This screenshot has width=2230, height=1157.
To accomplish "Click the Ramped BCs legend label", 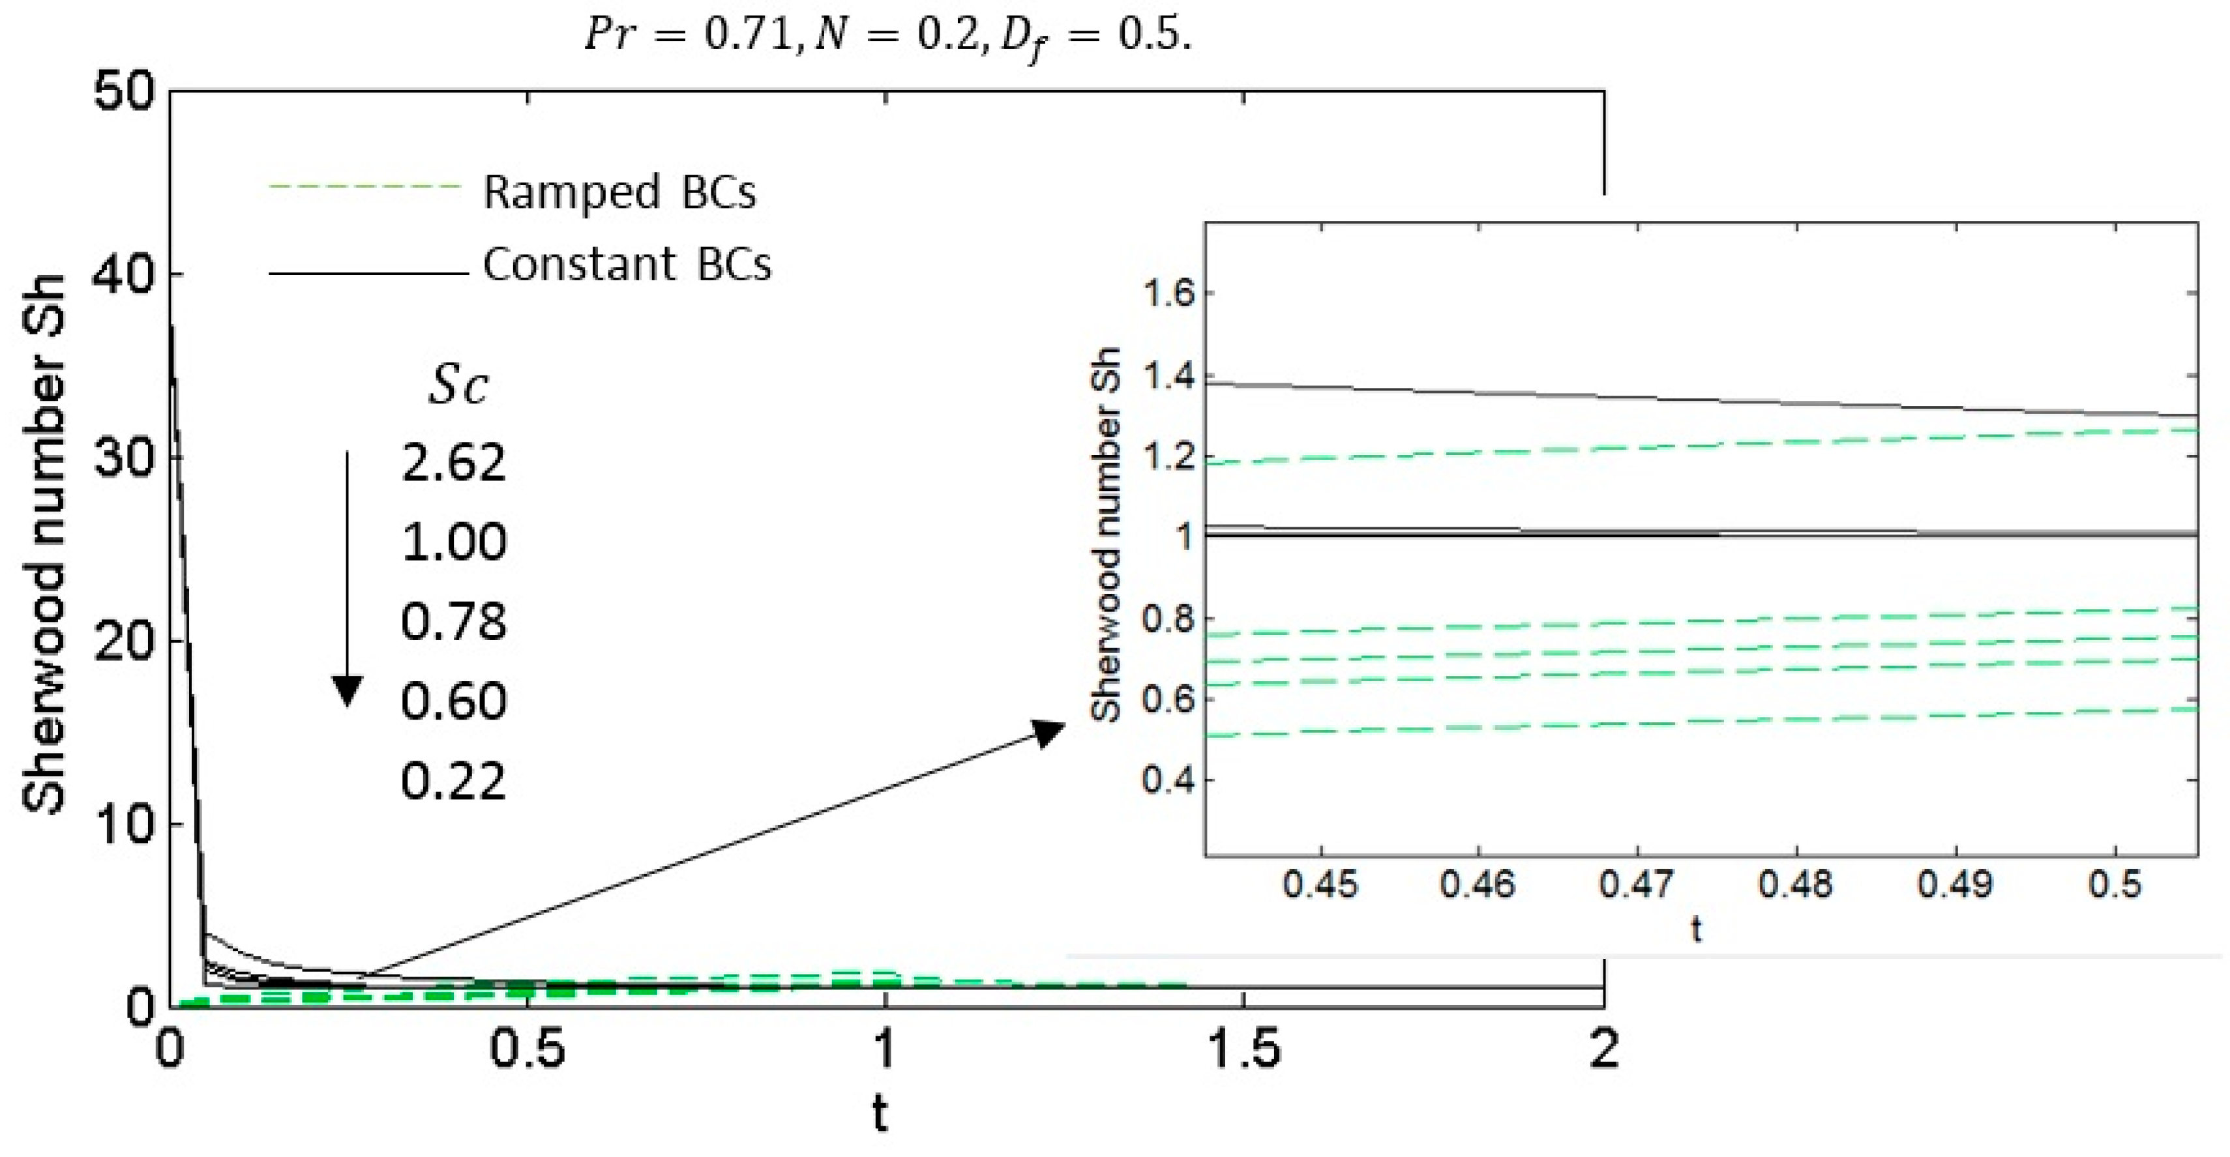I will point(619,192).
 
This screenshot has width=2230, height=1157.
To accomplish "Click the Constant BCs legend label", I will point(627,264).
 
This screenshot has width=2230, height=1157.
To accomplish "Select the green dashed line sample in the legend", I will point(364,186).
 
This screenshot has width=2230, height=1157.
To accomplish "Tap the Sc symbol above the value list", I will point(458,384).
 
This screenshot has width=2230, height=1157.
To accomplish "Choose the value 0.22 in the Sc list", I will point(453,782).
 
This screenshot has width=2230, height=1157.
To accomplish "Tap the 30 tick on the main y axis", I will point(126,459).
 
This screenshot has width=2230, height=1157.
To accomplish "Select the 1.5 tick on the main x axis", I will point(1243,1049).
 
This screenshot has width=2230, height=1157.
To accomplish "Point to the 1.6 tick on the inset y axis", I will point(1168,294).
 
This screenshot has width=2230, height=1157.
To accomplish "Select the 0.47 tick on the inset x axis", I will point(1636,885).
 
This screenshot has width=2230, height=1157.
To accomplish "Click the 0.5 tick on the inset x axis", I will point(2115,885).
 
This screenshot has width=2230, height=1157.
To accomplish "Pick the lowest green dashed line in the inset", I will point(1697,721).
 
